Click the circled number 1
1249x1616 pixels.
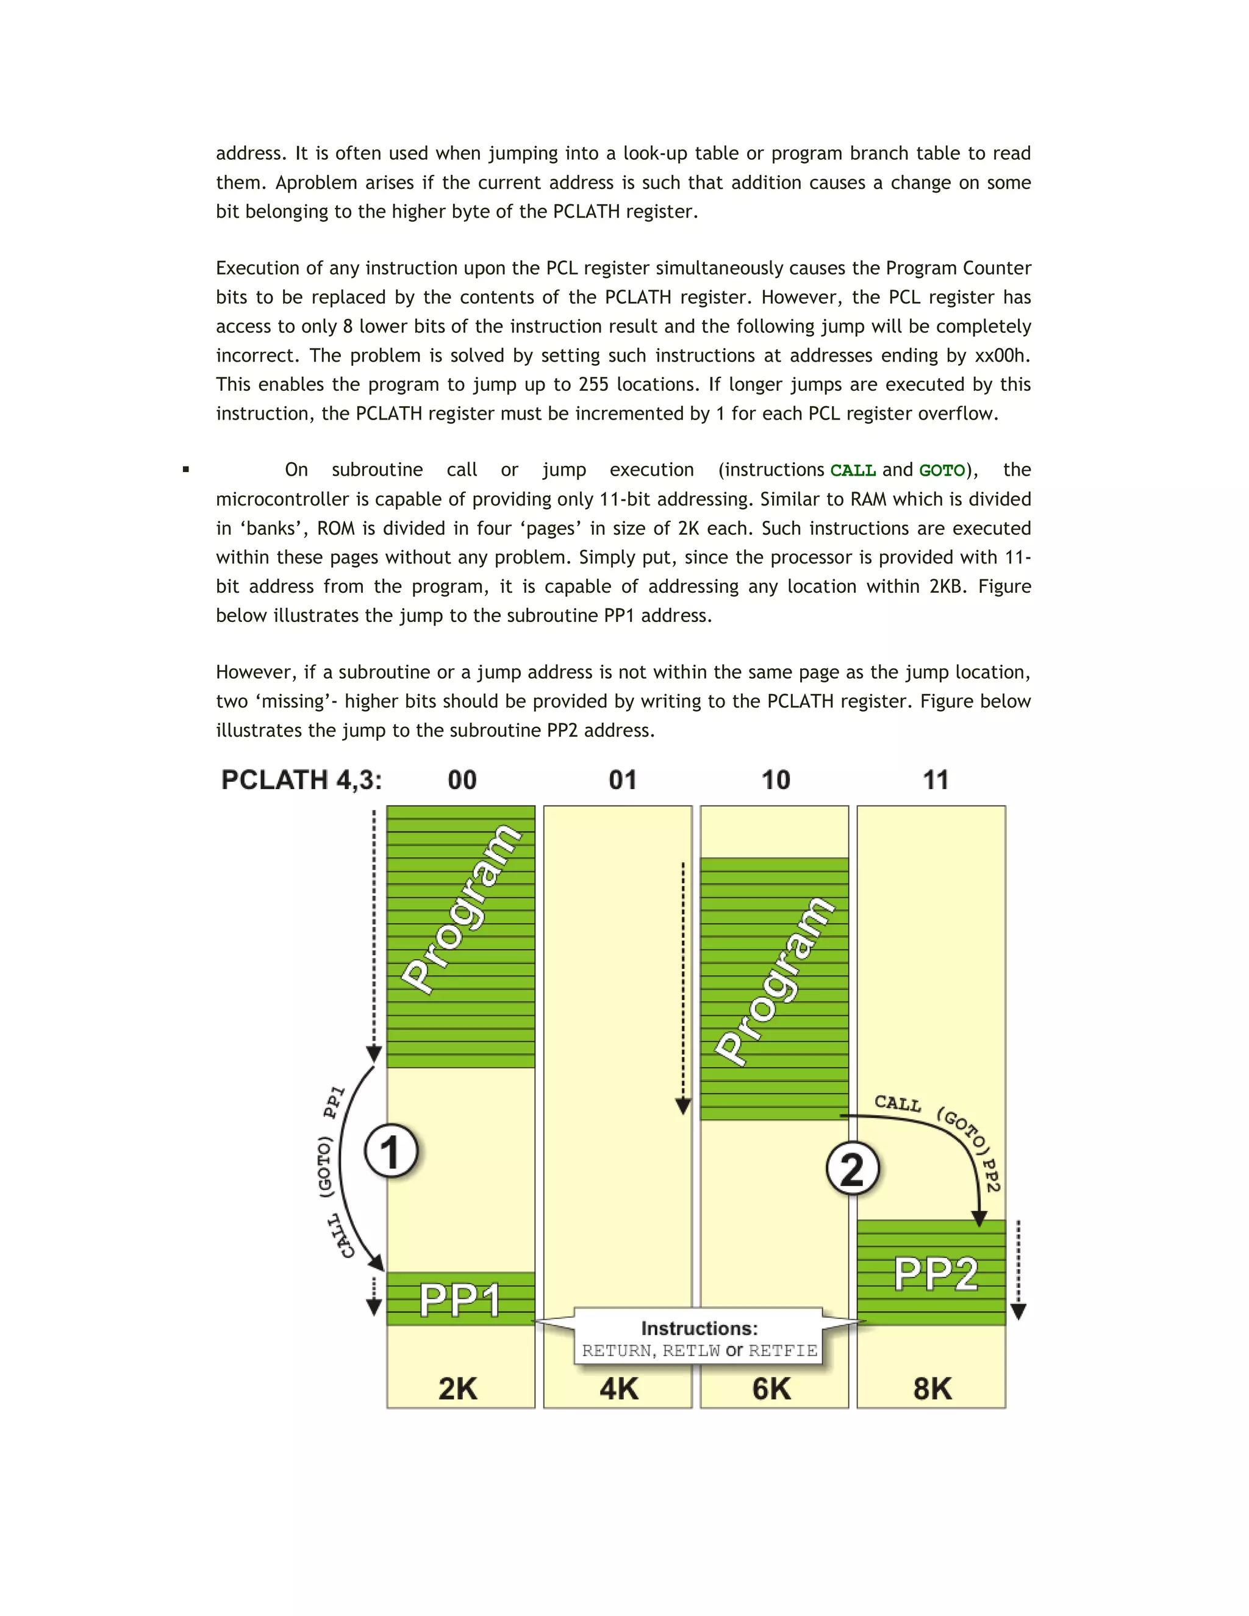[391, 1151]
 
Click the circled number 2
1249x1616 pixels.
[853, 1169]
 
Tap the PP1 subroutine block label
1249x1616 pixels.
[459, 1300]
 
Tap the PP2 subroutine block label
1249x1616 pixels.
[936, 1274]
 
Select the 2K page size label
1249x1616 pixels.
[458, 1388]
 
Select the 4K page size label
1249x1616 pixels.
[618, 1388]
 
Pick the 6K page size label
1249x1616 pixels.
[771, 1388]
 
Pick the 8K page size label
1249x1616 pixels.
[932, 1388]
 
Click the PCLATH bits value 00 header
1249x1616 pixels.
[462, 780]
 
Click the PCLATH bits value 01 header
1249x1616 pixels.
[622, 780]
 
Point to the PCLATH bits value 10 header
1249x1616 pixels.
[776, 780]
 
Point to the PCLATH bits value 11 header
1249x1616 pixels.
[936, 780]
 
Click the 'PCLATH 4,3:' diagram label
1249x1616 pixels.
[302, 780]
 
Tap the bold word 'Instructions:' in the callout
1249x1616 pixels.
[700, 1328]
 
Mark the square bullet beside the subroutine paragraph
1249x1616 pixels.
[186, 469]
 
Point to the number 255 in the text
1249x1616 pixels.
[593, 385]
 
